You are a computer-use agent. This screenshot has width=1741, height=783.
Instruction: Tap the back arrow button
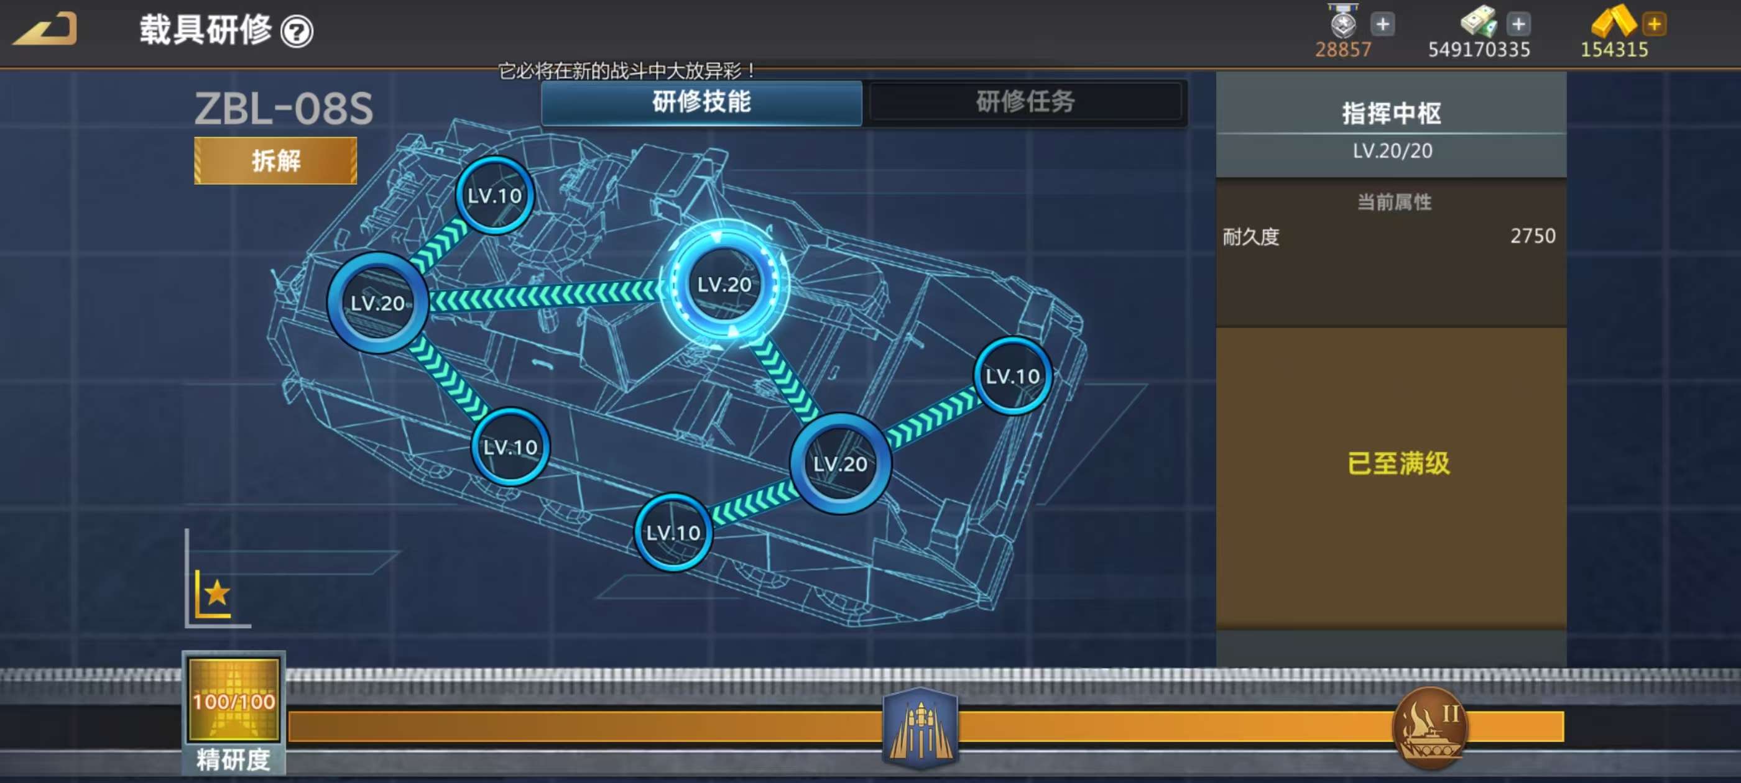[45, 29]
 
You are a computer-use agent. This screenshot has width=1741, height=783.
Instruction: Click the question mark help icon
[297, 31]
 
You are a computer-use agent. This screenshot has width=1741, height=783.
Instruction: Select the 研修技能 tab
[701, 102]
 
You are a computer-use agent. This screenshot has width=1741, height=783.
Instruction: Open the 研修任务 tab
[1025, 102]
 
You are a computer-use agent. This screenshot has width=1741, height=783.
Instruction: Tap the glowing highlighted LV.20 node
[724, 285]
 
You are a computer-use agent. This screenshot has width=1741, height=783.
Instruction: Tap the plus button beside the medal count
[1383, 24]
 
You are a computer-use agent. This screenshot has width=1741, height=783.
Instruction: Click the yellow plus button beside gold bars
[1654, 24]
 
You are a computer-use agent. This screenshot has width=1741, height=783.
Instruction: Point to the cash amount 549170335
[1479, 49]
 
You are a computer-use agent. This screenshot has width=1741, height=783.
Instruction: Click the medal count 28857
[1343, 49]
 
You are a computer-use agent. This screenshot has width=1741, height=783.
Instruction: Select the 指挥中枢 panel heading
[1392, 114]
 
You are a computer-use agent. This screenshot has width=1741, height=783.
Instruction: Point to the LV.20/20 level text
[1392, 150]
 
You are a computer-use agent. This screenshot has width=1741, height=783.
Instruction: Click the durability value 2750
[1533, 236]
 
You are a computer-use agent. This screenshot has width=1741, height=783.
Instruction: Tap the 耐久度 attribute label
[1251, 237]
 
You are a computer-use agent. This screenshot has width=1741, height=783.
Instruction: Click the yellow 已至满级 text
[1398, 464]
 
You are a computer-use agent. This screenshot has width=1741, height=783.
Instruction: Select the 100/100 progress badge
[234, 701]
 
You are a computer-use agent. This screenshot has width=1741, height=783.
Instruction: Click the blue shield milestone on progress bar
[920, 728]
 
